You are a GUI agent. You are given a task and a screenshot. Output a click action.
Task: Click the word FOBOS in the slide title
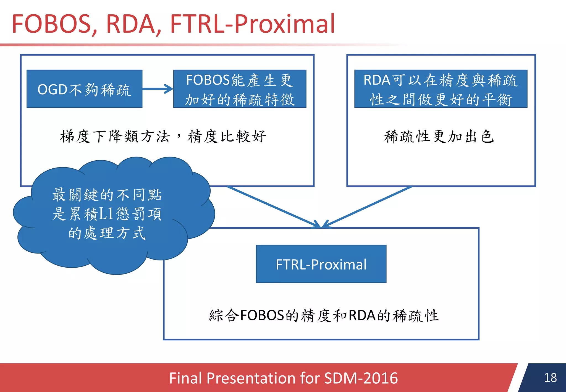click(x=51, y=24)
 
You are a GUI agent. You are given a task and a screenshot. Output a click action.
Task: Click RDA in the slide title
click(x=131, y=24)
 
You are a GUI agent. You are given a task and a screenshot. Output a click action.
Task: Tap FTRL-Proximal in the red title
click(x=252, y=24)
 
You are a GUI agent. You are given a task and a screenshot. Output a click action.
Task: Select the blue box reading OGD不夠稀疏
click(x=84, y=89)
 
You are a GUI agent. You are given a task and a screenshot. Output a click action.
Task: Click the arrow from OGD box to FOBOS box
click(x=158, y=89)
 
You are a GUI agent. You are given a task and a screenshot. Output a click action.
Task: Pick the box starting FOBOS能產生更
click(x=240, y=89)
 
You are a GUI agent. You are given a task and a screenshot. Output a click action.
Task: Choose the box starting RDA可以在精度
click(x=441, y=89)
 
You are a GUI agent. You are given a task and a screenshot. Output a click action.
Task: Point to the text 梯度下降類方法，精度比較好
click(x=163, y=137)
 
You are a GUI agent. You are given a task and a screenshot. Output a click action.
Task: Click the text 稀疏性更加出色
click(x=439, y=137)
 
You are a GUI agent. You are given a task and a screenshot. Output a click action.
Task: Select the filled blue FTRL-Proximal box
click(x=321, y=264)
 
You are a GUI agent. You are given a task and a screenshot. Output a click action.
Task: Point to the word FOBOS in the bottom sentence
click(x=262, y=315)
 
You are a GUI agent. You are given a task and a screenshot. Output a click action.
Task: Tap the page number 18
click(x=550, y=378)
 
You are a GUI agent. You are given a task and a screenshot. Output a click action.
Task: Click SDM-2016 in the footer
click(x=361, y=378)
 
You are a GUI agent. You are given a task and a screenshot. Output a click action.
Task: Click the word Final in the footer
click(x=185, y=378)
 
